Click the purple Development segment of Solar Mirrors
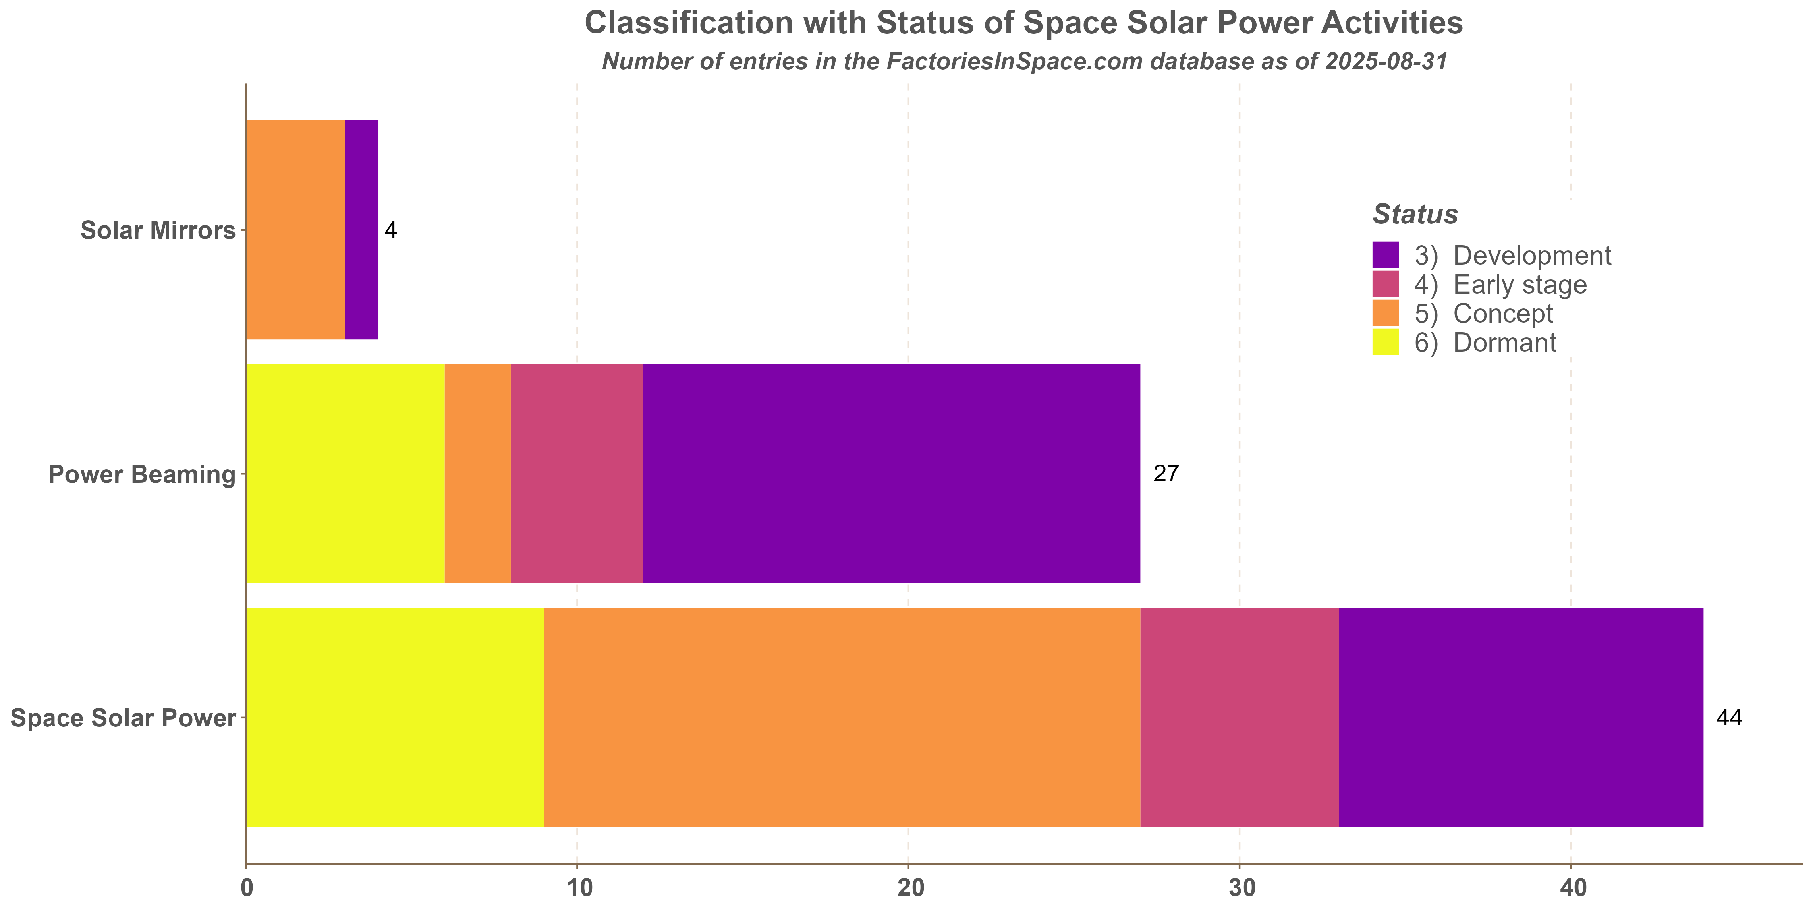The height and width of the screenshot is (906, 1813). pyautogui.click(x=362, y=230)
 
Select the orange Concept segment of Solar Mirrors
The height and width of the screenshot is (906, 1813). pyautogui.click(x=296, y=230)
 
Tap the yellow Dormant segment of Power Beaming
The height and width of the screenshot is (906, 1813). pyautogui.click(x=345, y=474)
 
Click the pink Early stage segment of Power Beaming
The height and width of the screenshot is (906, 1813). pyautogui.click(x=577, y=474)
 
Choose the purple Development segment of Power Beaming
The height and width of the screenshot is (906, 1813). pyautogui.click(x=891, y=474)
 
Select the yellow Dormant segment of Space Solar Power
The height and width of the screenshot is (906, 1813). pyautogui.click(x=395, y=717)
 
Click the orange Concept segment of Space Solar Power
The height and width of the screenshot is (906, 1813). pyautogui.click(x=842, y=717)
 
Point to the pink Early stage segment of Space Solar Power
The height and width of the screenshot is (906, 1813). pyautogui.click(x=1239, y=717)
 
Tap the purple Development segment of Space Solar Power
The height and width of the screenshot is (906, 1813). pyautogui.click(x=1521, y=717)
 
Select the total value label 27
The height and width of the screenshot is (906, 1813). pyautogui.click(x=1166, y=474)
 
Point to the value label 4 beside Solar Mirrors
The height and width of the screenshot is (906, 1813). pyautogui.click(x=391, y=230)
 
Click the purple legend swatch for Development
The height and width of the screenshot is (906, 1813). pyautogui.click(x=1385, y=254)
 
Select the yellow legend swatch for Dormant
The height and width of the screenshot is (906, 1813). pyautogui.click(x=1385, y=343)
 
